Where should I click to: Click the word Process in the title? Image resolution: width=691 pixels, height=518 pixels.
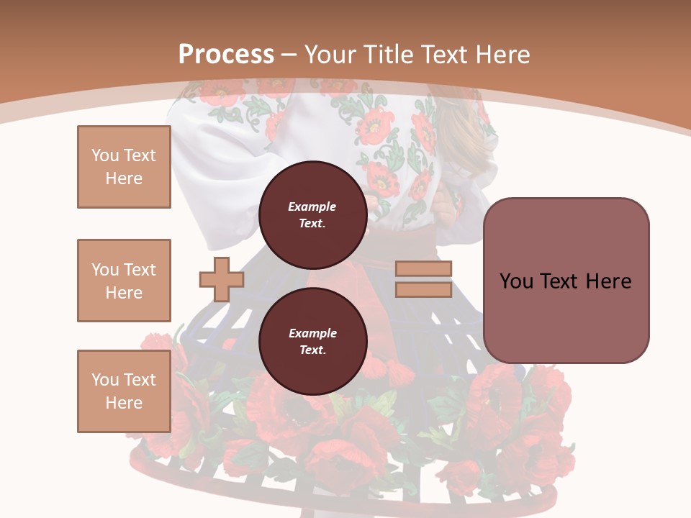click(x=226, y=55)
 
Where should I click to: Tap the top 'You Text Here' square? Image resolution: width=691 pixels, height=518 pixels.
click(x=124, y=167)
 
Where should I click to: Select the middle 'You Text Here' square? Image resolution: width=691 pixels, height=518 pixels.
click(x=124, y=281)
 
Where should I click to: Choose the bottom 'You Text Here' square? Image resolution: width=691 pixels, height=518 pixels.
click(x=124, y=391)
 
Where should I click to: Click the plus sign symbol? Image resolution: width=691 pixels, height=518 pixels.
click(x=222, y=279)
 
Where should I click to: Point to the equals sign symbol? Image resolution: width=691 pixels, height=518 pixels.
click(x=423, y=279)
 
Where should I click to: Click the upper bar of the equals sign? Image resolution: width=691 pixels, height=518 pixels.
click(x=423, y=269)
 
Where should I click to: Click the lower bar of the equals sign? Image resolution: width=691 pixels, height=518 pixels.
click(x=423, y=289)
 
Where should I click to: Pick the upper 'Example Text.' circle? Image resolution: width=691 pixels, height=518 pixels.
click(x=312, y=214)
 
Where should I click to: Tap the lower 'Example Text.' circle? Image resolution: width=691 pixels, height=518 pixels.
click(x=312, y=341)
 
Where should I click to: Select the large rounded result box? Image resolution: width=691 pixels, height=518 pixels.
click(x=566, y=281)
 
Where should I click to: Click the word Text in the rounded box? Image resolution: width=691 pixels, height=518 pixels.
click(x=565, y=281)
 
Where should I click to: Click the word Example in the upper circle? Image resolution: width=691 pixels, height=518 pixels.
click(x=312, y=206)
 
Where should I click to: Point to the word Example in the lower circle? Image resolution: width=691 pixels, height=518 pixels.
click(x=312, y=333)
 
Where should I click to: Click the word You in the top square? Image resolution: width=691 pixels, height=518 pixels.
click(x=105, y=155)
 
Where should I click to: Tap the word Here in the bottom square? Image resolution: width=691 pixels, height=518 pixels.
click(x=124, y=403)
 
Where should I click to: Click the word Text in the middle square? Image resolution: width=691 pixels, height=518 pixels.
click(x=139, y=270)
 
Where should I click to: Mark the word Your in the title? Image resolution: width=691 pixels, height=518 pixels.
click(x=330, y=55)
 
